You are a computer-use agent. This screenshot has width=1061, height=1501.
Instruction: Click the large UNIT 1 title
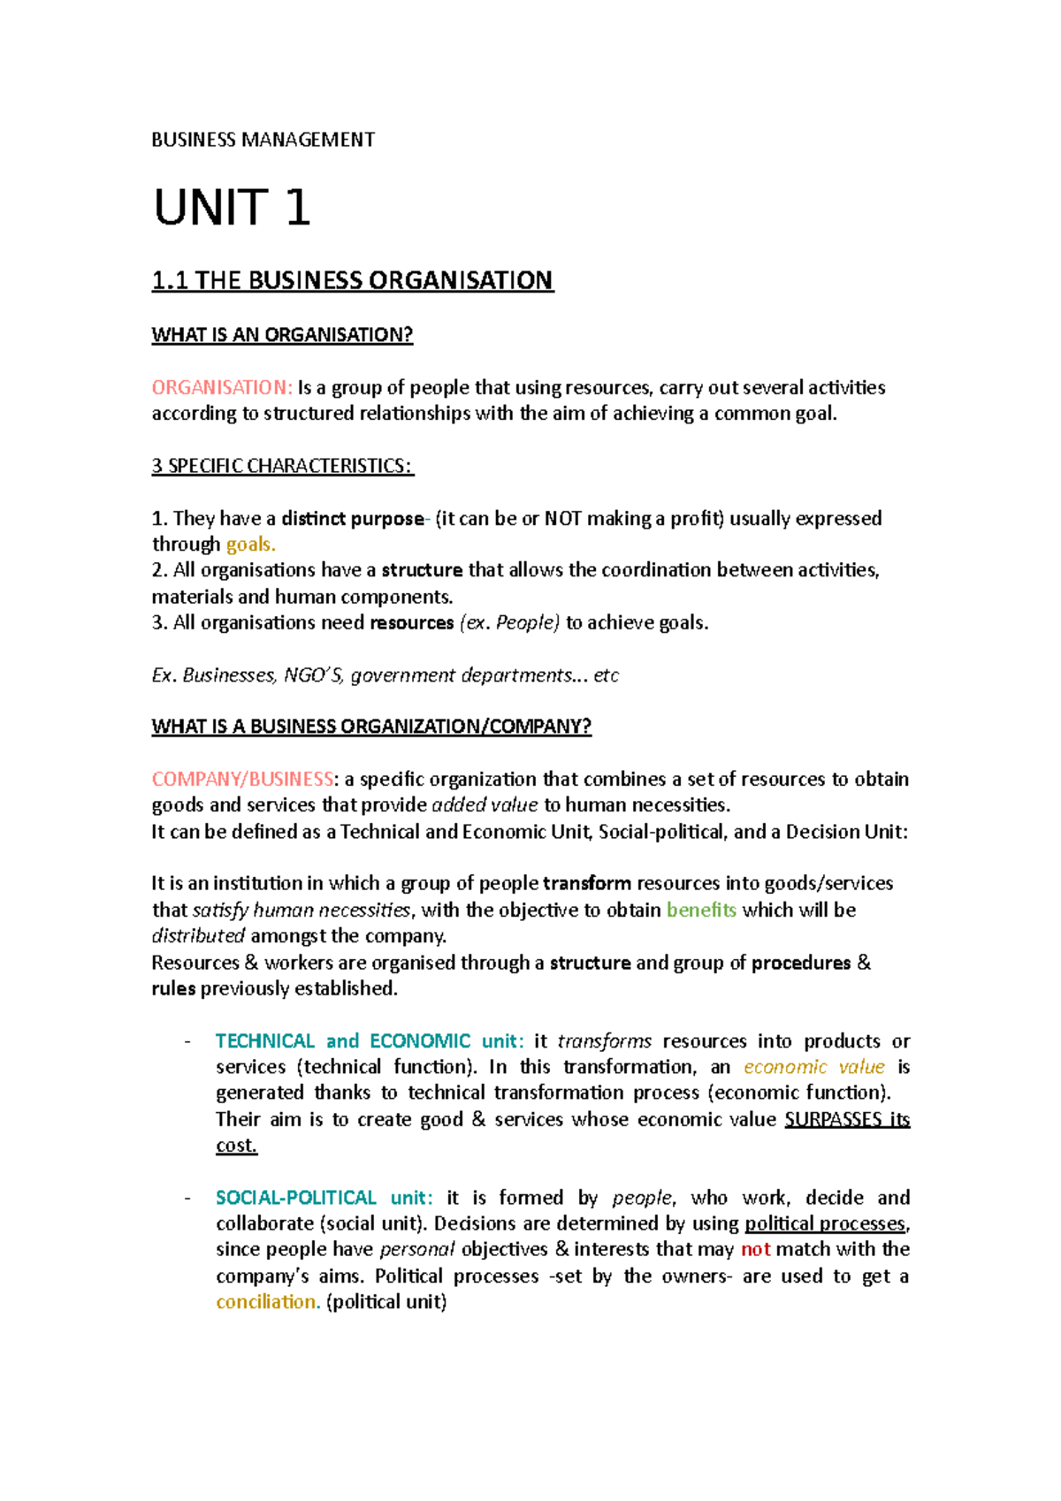[232, 208]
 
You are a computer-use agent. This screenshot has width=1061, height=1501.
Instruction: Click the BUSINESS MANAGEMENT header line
[263, 140]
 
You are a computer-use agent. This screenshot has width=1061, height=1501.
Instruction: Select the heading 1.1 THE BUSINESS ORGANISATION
[352, 280]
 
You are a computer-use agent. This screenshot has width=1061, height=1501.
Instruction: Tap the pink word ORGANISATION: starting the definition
[221, 387]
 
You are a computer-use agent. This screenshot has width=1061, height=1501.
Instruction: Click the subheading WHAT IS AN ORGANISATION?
[282, 334]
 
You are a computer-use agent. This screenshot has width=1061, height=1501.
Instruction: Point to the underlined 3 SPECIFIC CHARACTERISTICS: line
[282, 466]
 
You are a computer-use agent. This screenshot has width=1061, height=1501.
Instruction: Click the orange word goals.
[250, 545]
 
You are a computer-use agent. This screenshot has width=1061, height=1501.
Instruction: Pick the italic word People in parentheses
[526, 622]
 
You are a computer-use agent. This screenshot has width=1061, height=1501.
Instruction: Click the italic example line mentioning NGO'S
[385, 675]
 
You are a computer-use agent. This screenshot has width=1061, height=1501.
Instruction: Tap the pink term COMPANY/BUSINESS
[242, 779]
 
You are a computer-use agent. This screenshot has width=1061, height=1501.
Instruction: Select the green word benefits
[701, 910]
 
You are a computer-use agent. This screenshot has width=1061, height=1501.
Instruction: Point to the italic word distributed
[198, 936]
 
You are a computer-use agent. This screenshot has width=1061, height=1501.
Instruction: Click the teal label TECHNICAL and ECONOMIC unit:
[369, 1040]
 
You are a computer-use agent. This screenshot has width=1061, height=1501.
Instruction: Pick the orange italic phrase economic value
[813, 1067]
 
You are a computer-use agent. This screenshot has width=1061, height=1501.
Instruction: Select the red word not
[755, 1250]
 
